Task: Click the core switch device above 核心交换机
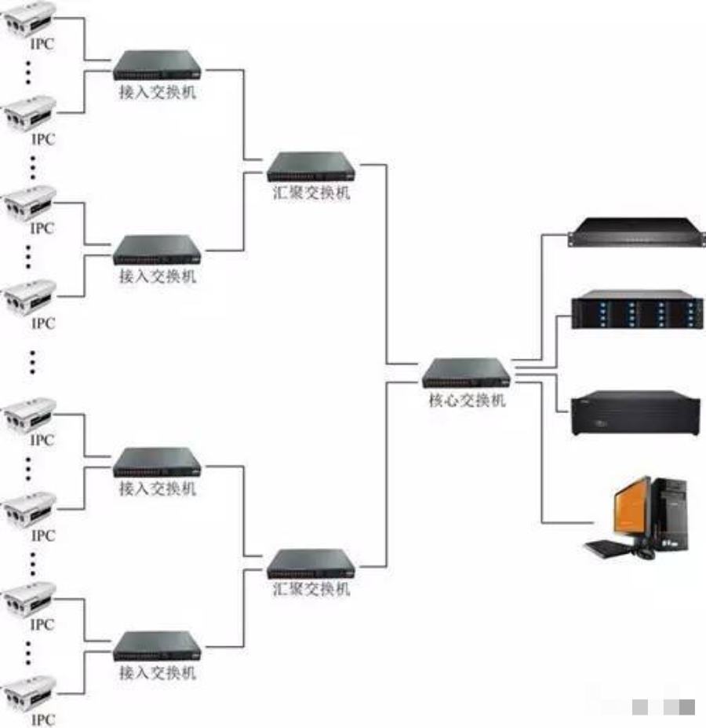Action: coord(466,373)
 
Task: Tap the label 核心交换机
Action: coord(466,401)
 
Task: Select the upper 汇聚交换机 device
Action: coord(311,166)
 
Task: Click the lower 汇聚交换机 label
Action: coord(311,590)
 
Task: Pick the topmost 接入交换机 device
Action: coord(157,65)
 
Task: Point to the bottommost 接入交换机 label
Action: coord(157,674)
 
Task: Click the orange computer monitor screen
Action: coord(632,508)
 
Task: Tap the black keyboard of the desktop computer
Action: coord(607,548)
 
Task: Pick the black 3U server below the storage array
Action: coord(632,412)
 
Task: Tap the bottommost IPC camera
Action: coord(30,692)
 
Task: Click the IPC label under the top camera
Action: coord(42,45)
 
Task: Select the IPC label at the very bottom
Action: coord(42,719)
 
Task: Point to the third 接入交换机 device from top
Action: coord(157,463)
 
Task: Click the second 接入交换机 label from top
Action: coord(157,277)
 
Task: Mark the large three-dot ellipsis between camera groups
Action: coord(33,361)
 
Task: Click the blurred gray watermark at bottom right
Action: coord(664,707)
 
